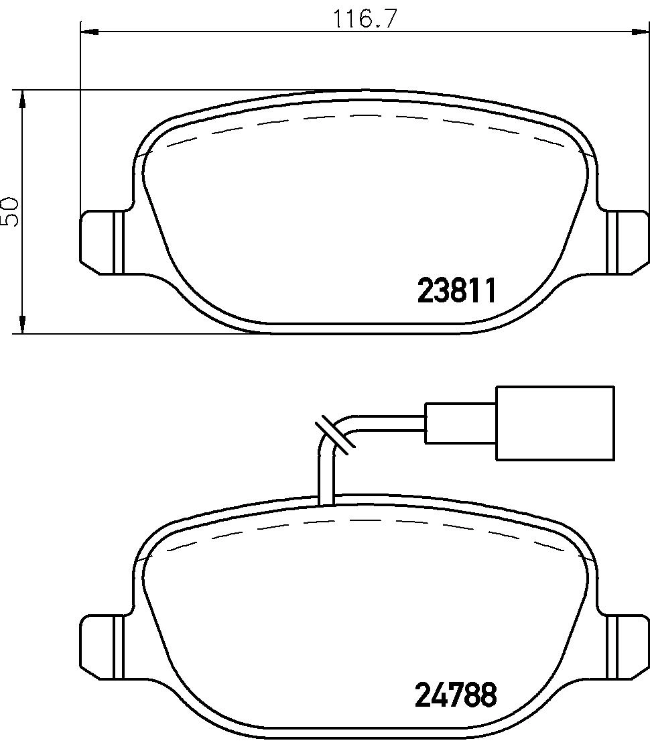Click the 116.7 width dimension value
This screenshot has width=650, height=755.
coord(366,18)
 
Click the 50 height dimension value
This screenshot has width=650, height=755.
coord(10,212)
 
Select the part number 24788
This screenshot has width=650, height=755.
coord(456,695)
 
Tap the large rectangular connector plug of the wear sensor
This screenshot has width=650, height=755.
coord(554,423)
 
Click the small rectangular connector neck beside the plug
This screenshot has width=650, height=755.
coord(460,423)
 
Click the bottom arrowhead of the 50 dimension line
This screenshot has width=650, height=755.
coord(22,325)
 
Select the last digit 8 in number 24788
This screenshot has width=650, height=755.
coord(489,695)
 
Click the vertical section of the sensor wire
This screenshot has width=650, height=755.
coord(326,476)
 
